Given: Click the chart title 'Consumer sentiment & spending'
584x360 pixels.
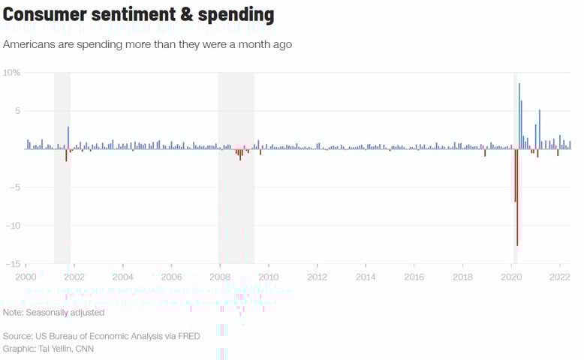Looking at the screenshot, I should [x=139, y=15].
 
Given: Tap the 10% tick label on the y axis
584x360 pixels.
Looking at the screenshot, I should [x=11, y=73].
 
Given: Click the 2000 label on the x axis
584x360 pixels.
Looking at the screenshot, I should [x=26, y=277].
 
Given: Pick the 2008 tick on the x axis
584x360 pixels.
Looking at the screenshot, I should [x=219, y=277].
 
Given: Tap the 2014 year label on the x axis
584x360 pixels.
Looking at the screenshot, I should [x=366, y=277].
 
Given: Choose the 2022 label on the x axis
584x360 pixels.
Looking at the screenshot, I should [x=560, y=277].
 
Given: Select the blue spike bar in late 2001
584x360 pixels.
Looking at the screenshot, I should [x=68, y=137].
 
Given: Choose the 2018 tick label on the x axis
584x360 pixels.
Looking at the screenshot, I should [x=462, y=277].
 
